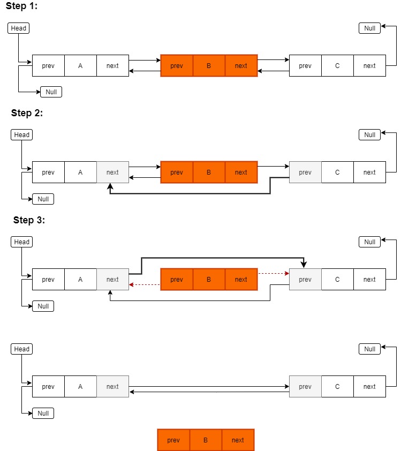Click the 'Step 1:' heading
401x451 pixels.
pos(21,6)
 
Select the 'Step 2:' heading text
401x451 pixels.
pos(27,113)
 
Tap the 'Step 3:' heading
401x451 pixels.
pos(29,220)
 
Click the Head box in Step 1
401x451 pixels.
pos(18,28)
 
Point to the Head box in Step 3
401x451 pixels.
pos(21,242)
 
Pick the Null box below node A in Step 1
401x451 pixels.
pos(51,92)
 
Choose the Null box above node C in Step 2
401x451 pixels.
pos(369,134)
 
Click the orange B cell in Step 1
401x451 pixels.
pos(209,66)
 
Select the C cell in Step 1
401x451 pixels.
pos(337,66)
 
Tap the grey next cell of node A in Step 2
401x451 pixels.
pos(112,172)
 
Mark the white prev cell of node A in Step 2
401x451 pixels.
pos(48,172)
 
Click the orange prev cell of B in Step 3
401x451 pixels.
pos(177,280)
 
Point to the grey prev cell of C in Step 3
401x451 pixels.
pos(305,280)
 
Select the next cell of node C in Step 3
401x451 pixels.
pos(369,280)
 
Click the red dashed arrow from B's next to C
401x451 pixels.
pos(273,273)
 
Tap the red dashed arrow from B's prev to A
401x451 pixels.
pos(145,285)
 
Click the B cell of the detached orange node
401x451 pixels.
pos(206,440)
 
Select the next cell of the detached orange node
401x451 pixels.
pos(238,440)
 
